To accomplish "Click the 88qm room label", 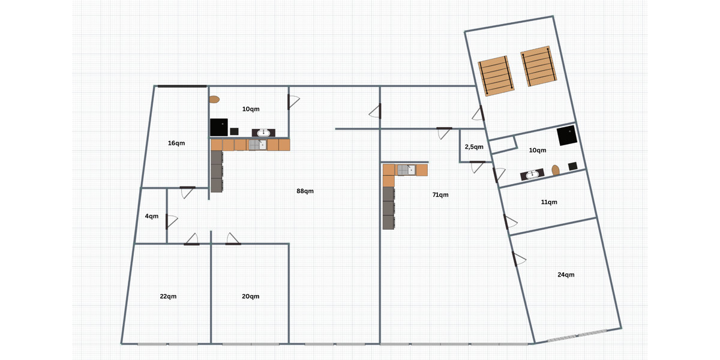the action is pos(305,191).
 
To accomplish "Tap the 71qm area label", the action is pos(440,195).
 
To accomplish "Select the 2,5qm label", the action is pos(474,147).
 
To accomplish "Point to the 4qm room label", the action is pos(151,217).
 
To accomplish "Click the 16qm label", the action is pos(176,143).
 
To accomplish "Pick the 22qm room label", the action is pos(168,296).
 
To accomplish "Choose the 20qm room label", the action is pos(250,296).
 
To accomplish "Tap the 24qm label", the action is pos(566,275).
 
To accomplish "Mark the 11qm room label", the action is pos(549,202).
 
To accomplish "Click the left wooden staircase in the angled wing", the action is pos(496,76).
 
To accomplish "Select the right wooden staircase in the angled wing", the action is pos(538,66).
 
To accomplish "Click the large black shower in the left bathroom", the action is pos(219,127).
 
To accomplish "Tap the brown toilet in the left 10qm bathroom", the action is pos(214,100).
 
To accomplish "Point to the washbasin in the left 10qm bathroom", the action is pos(263,133).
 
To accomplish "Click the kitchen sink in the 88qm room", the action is pos(257,145).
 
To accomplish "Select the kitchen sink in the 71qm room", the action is pos(406,170).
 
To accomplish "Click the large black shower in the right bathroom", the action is pos(567,136).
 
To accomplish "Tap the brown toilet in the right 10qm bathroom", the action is pos(556,170).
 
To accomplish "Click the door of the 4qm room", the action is pos(172,221).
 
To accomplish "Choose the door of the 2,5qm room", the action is pos(477,167).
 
